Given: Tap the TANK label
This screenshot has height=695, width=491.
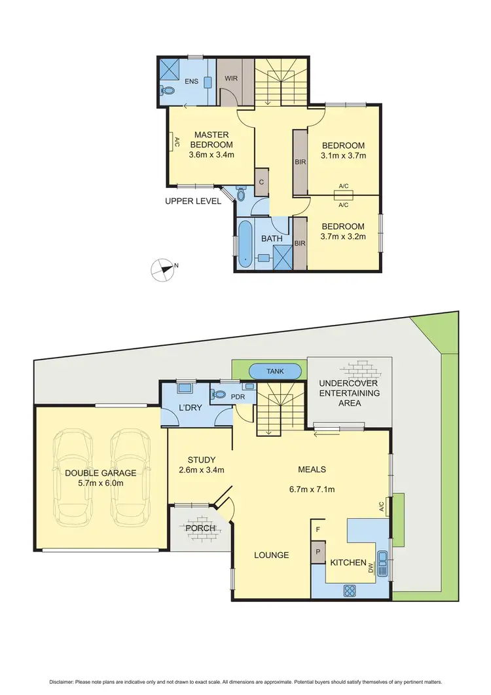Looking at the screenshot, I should [x=275, y=371].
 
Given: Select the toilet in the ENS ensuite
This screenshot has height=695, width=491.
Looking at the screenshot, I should [x=168, y=91].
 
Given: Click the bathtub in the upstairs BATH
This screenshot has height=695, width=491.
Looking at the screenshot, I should [x=245, y=244].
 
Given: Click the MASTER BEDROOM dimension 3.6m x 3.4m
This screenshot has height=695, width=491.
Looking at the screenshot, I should [x=211, y=155].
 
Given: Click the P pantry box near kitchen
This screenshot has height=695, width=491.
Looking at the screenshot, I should [x=318, y=551].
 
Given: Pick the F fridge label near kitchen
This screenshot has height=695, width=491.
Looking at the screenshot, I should [x=318, y=529].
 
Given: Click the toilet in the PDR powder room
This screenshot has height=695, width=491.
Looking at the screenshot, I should [x=220, y=395].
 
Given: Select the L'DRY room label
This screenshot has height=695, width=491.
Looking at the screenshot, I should [x=190, y=409].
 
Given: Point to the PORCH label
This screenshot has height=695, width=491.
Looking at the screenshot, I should [x=200, y=528].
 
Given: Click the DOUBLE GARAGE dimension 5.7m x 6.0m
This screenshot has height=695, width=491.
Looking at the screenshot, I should [x=100, y=483].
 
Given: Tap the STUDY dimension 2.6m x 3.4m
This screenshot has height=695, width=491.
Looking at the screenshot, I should [x=202, y=470].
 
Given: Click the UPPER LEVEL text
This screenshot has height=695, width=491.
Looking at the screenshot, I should [x=193, y=201].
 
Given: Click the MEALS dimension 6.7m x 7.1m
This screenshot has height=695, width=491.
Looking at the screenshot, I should [x=312, y=489].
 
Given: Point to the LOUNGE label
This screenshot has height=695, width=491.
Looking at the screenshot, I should [x=272, y=555].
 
